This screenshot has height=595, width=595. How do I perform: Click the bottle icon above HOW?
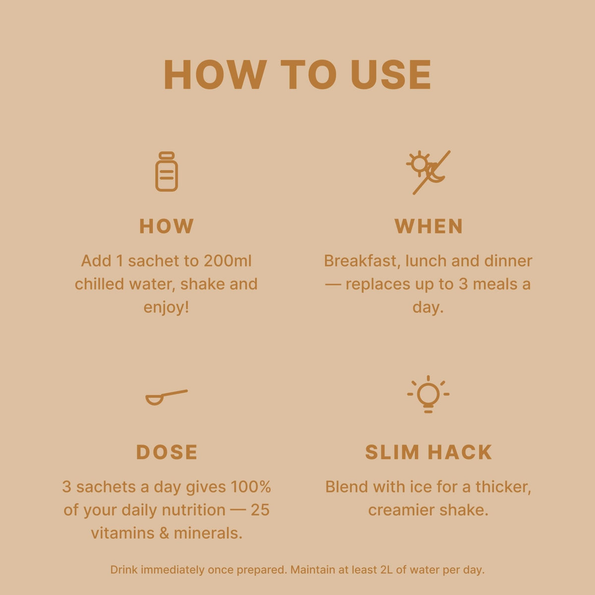167,172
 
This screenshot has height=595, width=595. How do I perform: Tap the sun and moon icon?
428,172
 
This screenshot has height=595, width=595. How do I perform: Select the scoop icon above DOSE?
167,398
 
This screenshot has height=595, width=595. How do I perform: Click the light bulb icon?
428,394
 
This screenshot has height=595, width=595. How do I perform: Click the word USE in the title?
391,75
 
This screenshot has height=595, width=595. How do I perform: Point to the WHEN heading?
428,226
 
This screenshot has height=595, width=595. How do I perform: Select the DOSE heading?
167,452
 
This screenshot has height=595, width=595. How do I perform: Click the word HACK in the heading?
460,452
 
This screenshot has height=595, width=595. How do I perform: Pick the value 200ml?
223,261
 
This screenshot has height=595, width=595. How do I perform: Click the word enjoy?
166,307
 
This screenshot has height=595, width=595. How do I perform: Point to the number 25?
260,510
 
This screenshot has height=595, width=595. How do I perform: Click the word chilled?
99,284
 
